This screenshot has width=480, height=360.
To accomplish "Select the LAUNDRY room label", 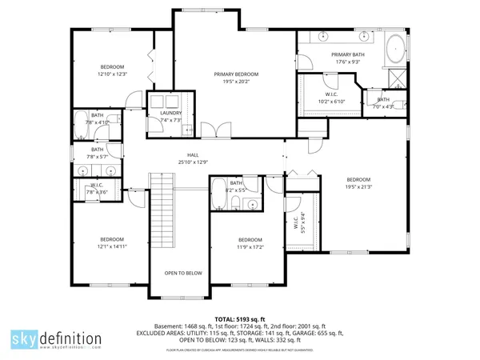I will coord(170,113).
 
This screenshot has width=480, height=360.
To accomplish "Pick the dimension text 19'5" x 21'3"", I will coord(358,186).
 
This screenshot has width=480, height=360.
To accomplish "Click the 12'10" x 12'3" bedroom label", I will coord(112,74).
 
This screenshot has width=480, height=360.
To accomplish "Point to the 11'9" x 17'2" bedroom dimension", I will coord(250,247).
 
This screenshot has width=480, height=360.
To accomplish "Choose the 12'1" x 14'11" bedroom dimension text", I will coord(112,247).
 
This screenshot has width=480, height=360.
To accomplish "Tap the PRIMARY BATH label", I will coord(347,54).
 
